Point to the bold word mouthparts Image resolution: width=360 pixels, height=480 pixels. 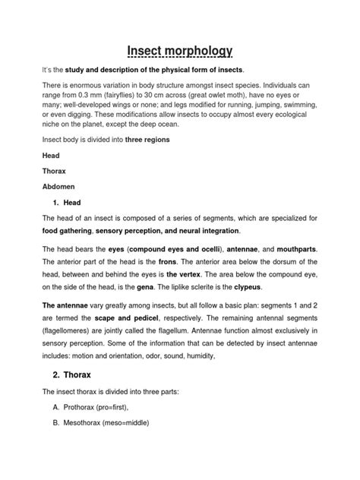click(292, 251)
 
